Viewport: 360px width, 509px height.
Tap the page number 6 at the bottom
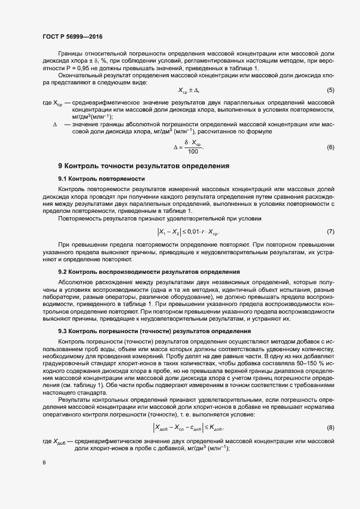point(44,462)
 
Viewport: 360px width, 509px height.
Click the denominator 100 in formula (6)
point(193,151)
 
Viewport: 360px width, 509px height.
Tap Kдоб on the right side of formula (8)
point(215,412)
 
